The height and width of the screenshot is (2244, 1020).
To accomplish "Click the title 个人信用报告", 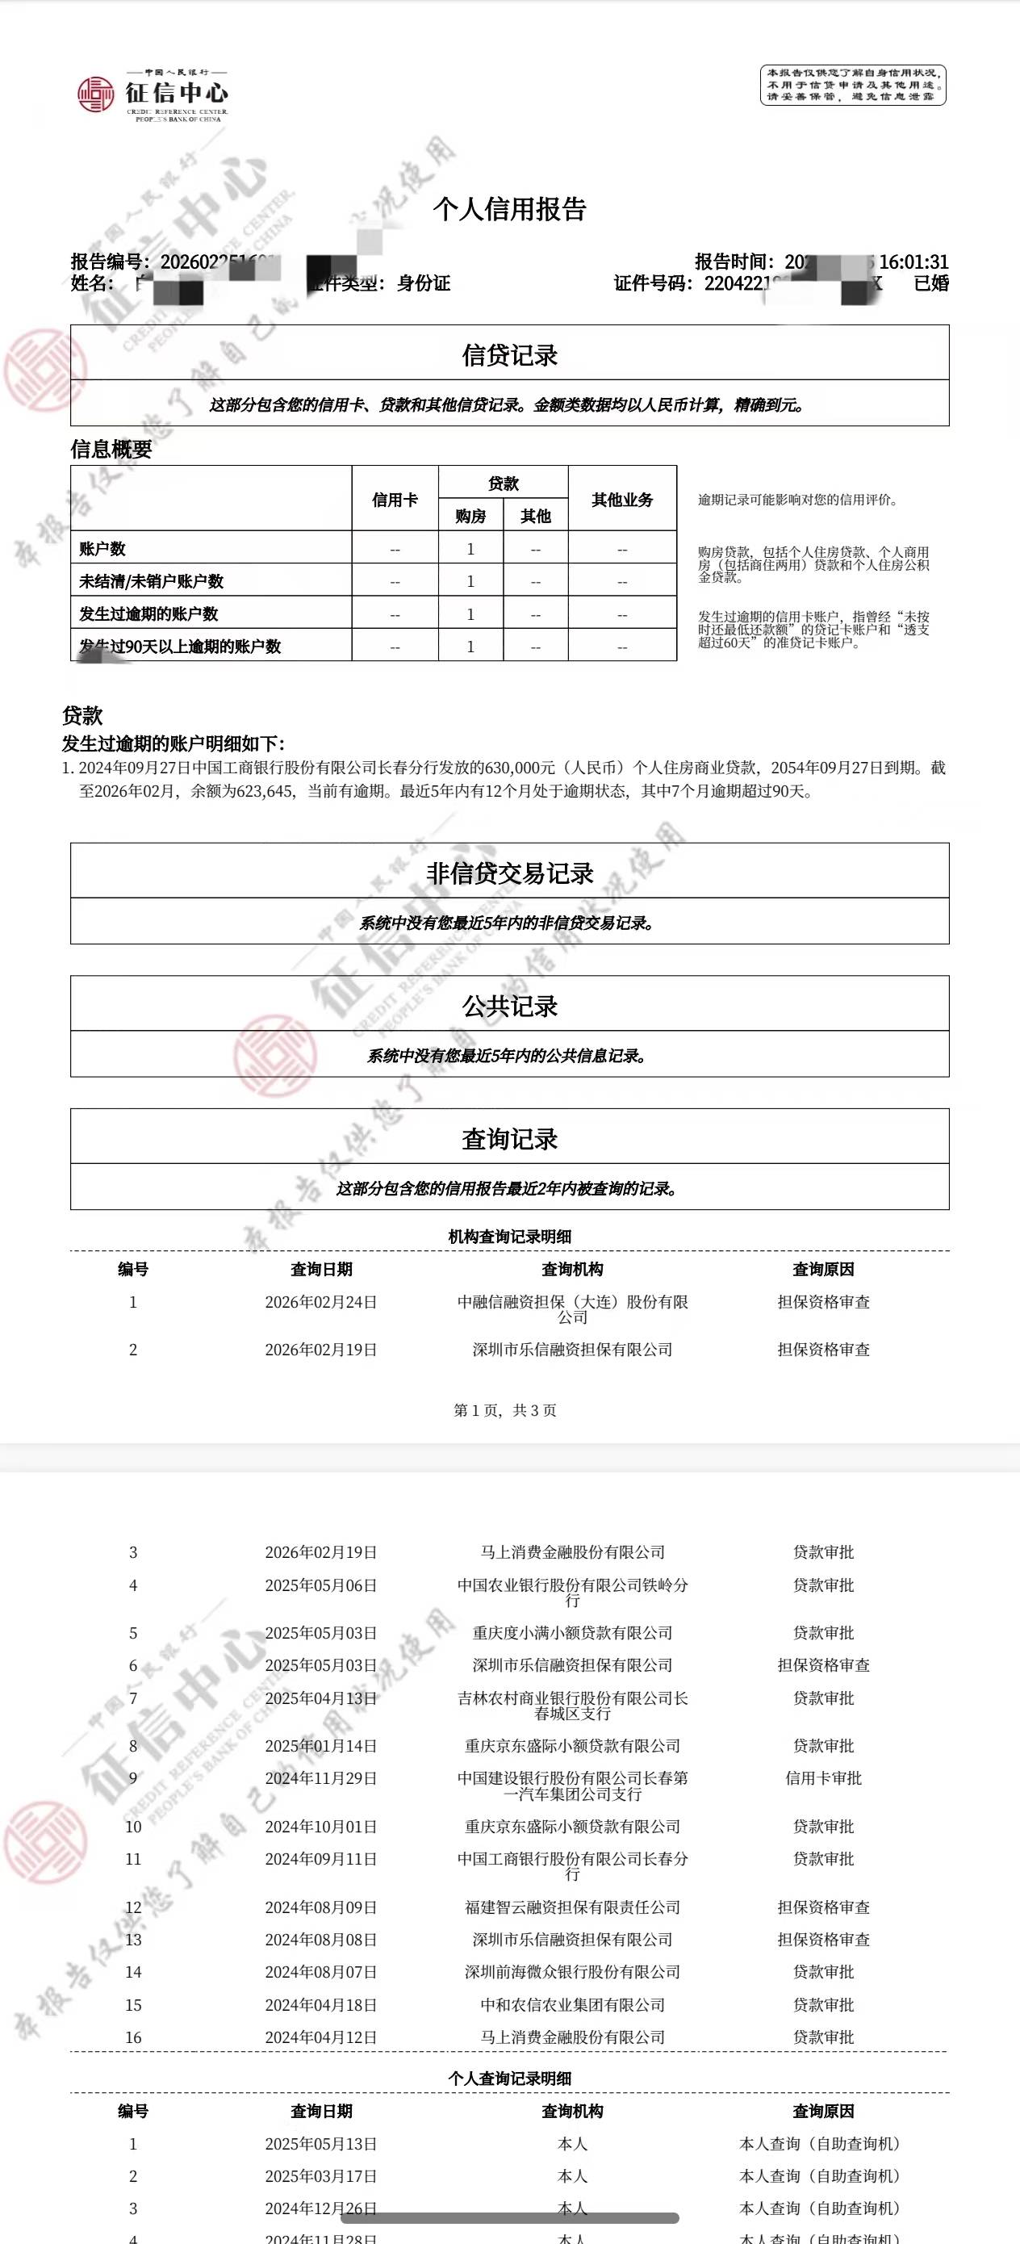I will pyautogui.click(x=509, y=209).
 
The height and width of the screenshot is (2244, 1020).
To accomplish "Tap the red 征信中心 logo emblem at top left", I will pyautogui.click(x=95, y=94).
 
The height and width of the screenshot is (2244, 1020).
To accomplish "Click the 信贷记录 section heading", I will pyautogui.click(x=509, y=354).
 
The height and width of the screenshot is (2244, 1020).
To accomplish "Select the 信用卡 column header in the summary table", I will pyautogui.click(x=395, y=499).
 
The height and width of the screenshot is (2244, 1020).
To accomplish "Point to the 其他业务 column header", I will pyautogui.click(x=622, y=499).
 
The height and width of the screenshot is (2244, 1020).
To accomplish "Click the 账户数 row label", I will pyautogui.click(x=102, y=549).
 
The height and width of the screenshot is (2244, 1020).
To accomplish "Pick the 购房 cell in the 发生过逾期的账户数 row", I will pyautogui.click(x=470, y=614).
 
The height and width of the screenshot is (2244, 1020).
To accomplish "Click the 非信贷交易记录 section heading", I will pyautogui.click(x=509, y=873).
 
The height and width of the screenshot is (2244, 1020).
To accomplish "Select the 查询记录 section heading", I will pyautogui.click(x=509, y=1139).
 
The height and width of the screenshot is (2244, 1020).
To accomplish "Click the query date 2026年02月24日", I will pyautogui.click(x=320, y=1302).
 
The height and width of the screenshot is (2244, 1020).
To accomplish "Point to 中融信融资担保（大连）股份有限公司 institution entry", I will pyautogui.click(x=572, y=1308).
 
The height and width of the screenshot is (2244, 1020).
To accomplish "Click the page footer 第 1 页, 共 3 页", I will pyautogui.click(x=505, y=1410).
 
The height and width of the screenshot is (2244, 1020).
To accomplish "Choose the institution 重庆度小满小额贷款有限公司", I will pyautogui.click(x=572, y=1632).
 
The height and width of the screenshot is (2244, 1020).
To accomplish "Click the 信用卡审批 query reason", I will pyautogui.click(x=823, y=1778).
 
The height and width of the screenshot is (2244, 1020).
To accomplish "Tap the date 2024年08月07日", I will pyautogui.click(x=320, y=1971).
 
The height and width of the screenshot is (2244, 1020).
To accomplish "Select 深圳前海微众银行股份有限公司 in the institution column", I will pyautogui.click(x=572, y=1971).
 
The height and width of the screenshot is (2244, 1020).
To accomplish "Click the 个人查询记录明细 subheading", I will pyautogui.click(x=509, y=2079).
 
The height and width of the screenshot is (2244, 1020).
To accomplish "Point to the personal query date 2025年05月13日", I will pyautogui.click(x=320, y=2144).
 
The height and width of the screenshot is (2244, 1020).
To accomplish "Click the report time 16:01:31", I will pyautogui.click(x=913, y=262).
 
